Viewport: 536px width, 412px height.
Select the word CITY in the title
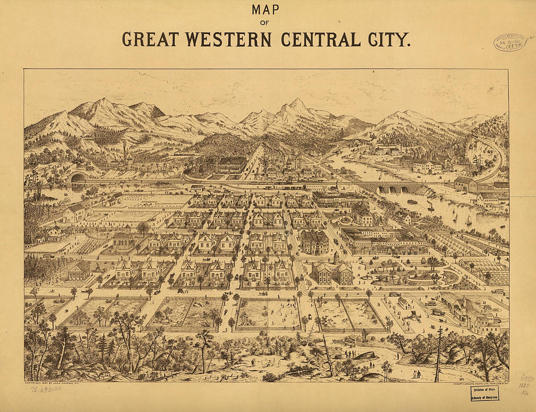pyautogui.click(x=388, y=39)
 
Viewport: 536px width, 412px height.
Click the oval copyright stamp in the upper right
pyautogui.click(x=510, y=43)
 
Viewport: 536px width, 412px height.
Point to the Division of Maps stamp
pyautogui.click(x=485, y=393)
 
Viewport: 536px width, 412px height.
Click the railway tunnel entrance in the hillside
pyautogui.click(x=77, y=178)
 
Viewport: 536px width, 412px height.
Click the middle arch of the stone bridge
pyautogui.click(x=392, y=189)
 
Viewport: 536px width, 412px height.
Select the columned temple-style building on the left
pyautogui.click(x=79, y=270)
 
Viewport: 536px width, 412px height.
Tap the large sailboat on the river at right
pyautogui.click(x=468, y=220)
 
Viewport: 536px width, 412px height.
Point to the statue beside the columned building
pyautogui.click(x=96, y=267)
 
